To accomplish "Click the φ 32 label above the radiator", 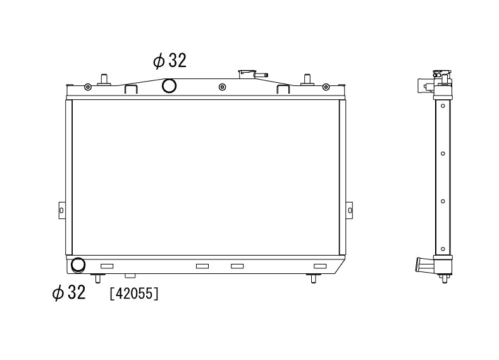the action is (169, 61).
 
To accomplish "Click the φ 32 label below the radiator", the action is (69, 292).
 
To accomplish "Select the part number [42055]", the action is (134, 294).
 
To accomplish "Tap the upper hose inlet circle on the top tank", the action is (169, 85).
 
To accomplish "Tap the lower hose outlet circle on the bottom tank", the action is (78, 266).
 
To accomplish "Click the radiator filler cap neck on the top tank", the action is (247, 75).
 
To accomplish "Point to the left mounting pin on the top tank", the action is (104, 80).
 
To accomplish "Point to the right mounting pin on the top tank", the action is (307, 80).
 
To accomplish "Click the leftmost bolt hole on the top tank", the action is (88, 87).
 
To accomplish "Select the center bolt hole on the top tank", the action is (223, 87).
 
